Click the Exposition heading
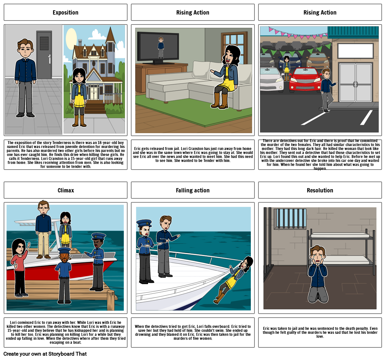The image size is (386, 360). pyautogui.click(x=66, y=13)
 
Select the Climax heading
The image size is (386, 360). pyautogui.click(x=66, y=190)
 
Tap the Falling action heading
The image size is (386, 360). pyautogui.click(x=193, y=190)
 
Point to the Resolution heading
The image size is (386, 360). pyautogui.click(x=320, y=190)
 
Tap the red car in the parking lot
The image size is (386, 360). pyautogui.click(x=305, y=79)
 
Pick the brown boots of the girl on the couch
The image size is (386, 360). pyautogui.click(x=219, y=101)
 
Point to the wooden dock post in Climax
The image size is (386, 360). pyautogui.click(x=110, y=300)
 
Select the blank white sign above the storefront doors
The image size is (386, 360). pyautogui.click(x=355, y=51)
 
